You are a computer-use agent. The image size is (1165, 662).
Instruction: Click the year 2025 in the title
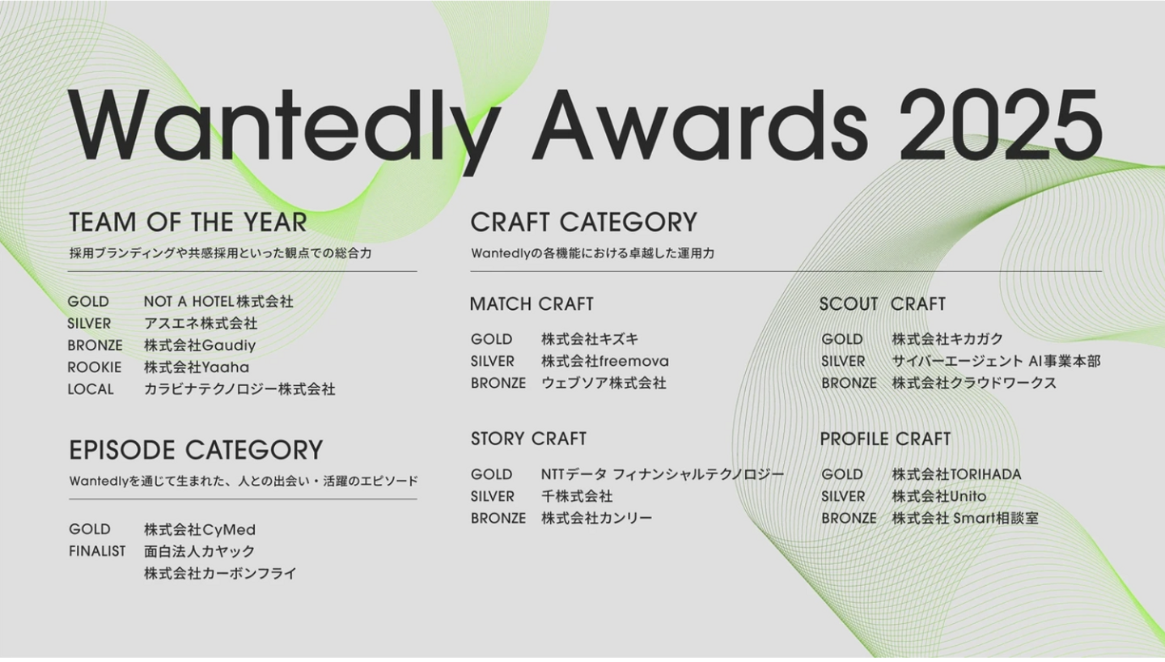1001,125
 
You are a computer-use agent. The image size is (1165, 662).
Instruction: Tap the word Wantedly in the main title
284,130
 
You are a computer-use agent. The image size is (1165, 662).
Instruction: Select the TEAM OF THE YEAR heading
188,223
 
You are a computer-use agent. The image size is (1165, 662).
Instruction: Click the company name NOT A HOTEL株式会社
218,302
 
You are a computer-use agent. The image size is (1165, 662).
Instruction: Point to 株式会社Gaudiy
200,346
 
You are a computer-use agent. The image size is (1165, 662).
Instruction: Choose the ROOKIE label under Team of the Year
94,367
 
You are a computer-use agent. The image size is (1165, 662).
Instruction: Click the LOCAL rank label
91,389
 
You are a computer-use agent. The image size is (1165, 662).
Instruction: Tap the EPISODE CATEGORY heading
196,450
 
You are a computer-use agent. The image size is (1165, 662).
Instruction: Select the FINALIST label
97,551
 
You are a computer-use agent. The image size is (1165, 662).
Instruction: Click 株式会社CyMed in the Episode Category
200,530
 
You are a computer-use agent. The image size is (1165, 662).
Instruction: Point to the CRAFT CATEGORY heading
583,223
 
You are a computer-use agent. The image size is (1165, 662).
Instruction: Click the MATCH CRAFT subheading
532,304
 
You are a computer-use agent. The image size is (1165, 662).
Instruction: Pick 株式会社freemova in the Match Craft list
605,361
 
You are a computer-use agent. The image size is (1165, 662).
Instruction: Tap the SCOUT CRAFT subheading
882,304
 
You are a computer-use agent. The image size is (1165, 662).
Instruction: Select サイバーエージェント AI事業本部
996,361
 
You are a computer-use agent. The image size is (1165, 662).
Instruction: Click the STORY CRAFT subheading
528,439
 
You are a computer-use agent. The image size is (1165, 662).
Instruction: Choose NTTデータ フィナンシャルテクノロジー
663,474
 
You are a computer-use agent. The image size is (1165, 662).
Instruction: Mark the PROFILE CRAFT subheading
885,439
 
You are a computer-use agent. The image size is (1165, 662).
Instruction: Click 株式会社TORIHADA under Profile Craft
956,474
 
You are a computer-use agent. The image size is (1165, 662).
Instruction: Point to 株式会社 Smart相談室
965,519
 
